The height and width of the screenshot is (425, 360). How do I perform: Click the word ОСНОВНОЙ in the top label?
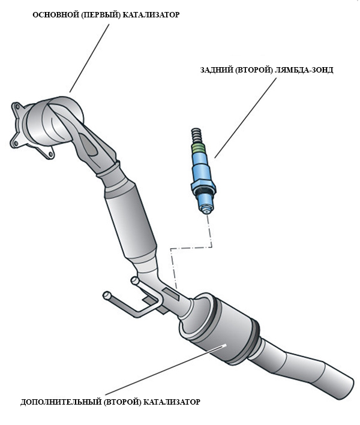[53, 14]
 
